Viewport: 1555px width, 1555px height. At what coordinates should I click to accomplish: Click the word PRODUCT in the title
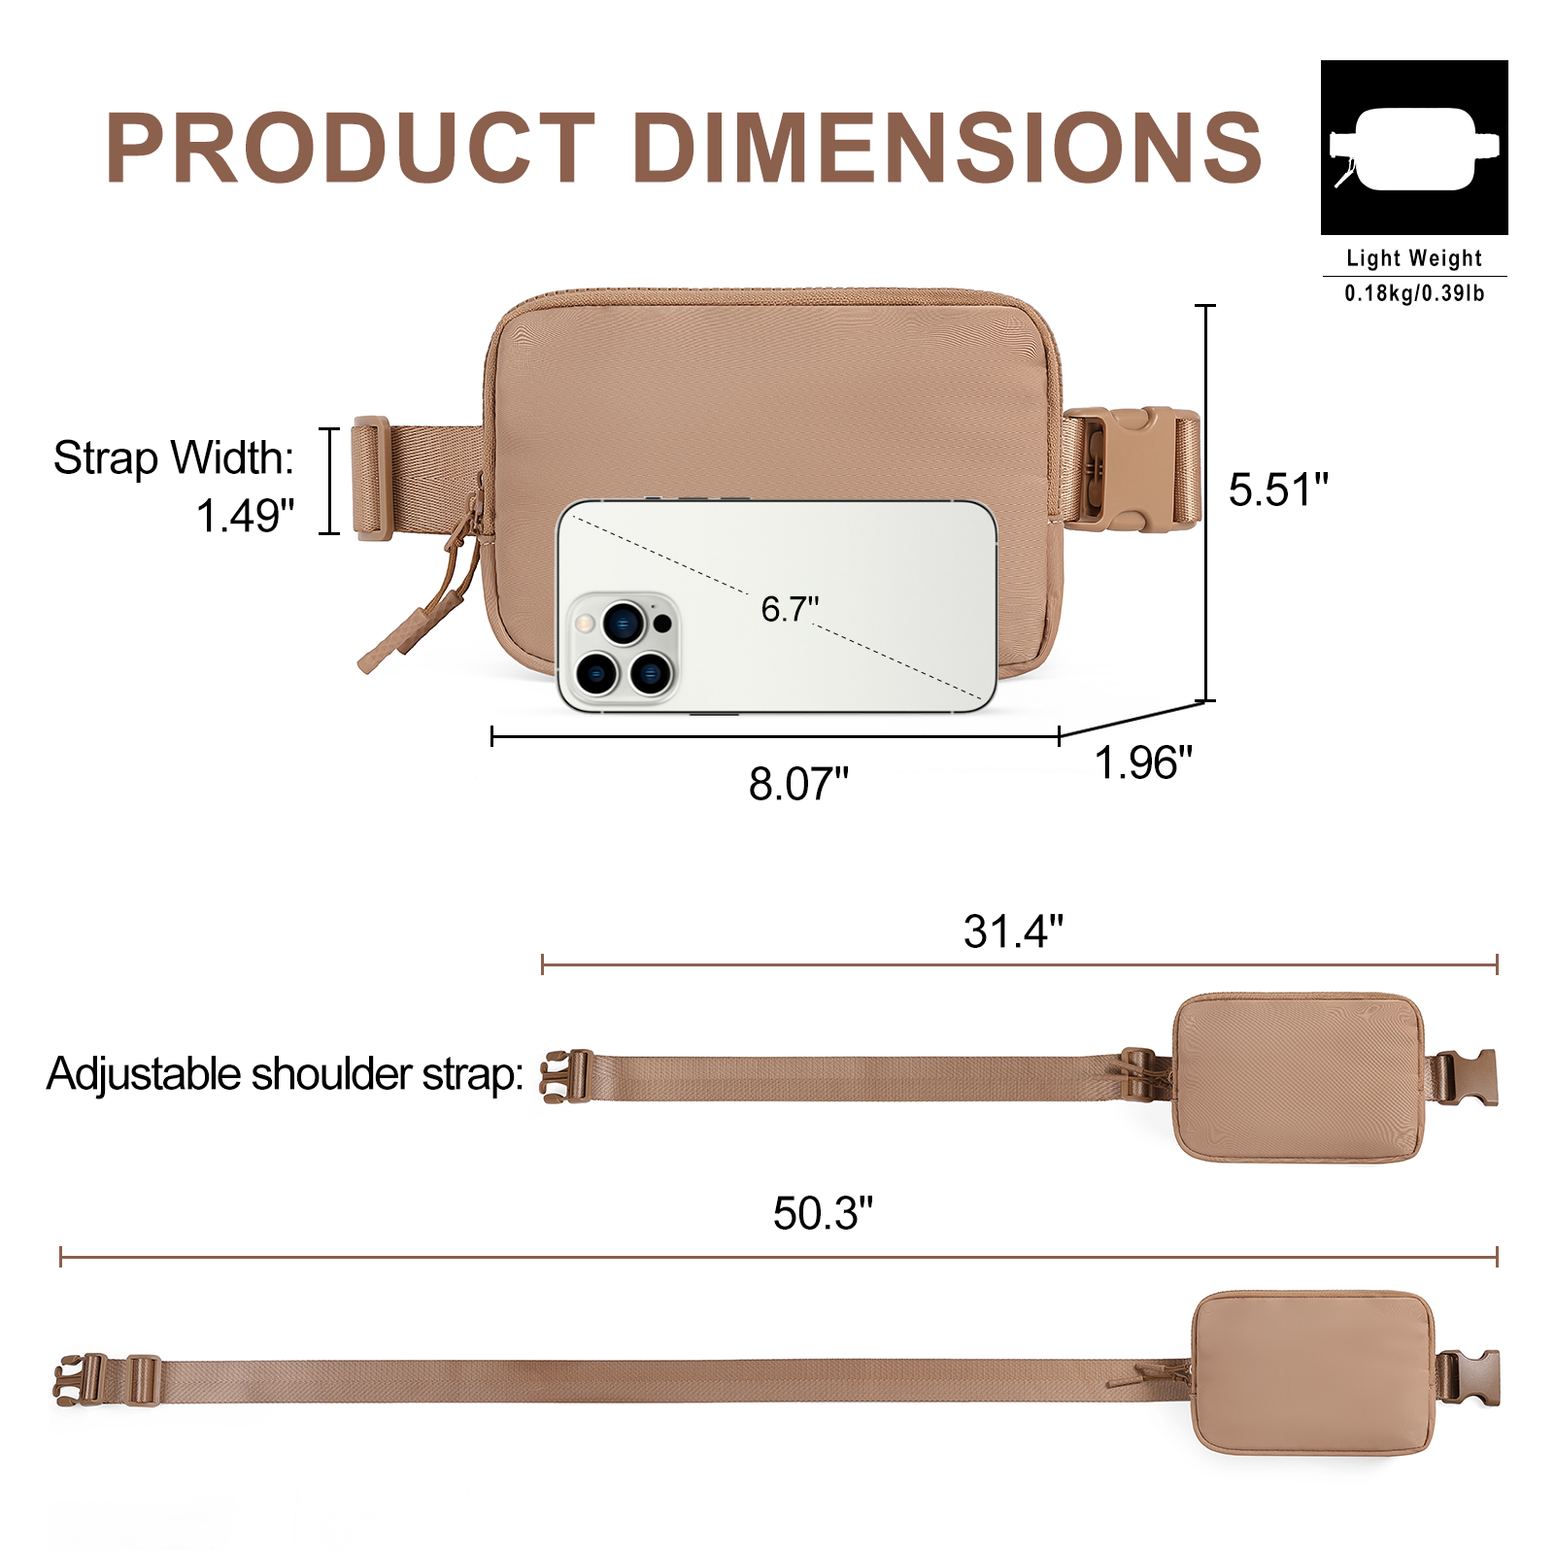(x=351, y=147)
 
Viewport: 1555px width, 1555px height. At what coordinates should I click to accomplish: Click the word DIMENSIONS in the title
(x=948, y=147)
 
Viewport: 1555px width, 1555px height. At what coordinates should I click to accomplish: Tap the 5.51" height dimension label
(x=1278, y=490)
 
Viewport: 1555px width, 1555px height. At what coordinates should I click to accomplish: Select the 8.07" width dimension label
(x=798, y=784)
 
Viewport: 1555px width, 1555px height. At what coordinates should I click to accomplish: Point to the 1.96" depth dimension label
(x=1143, y=762)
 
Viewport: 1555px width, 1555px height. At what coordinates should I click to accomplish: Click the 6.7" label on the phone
(x=790, y=609)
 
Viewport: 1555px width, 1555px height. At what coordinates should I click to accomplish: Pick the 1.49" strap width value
(x=245, y=516)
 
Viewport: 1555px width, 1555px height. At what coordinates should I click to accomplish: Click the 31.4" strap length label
(x=1013, y=931)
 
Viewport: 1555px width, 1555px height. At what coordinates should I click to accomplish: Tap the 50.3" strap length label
(x=823, y=1213)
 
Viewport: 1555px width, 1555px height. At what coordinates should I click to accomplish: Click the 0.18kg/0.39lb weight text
(x=1414, y=293)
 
